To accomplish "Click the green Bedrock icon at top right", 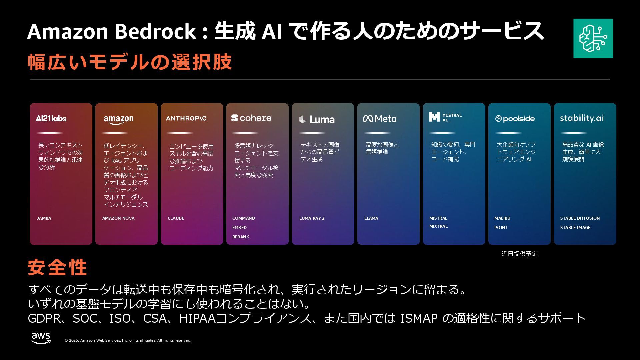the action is tap(593, 38).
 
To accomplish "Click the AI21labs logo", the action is tap(51, 118).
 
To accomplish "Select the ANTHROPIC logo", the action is tap(186, 118).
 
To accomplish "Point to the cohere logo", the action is tap(251, 118).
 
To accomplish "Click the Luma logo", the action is tap(317, 119).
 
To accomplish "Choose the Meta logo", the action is tap(380, 118).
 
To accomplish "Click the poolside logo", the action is tap(515, 118).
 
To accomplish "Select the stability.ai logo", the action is tap(582, 118).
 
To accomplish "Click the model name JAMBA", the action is tap(44, 218).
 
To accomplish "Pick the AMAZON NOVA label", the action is tap(118, 218).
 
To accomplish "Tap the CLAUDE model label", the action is tap(176, 218).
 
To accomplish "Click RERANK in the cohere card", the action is tap(241, 237).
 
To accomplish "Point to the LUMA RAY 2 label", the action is tap(312, 218).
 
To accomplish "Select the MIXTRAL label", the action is tap(438, 226).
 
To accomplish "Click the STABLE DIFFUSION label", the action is tap(580, 218).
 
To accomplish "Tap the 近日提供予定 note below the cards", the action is tap(519, 254).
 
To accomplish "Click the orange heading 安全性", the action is tap(57, 267).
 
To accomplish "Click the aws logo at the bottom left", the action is tap(41, 338).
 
